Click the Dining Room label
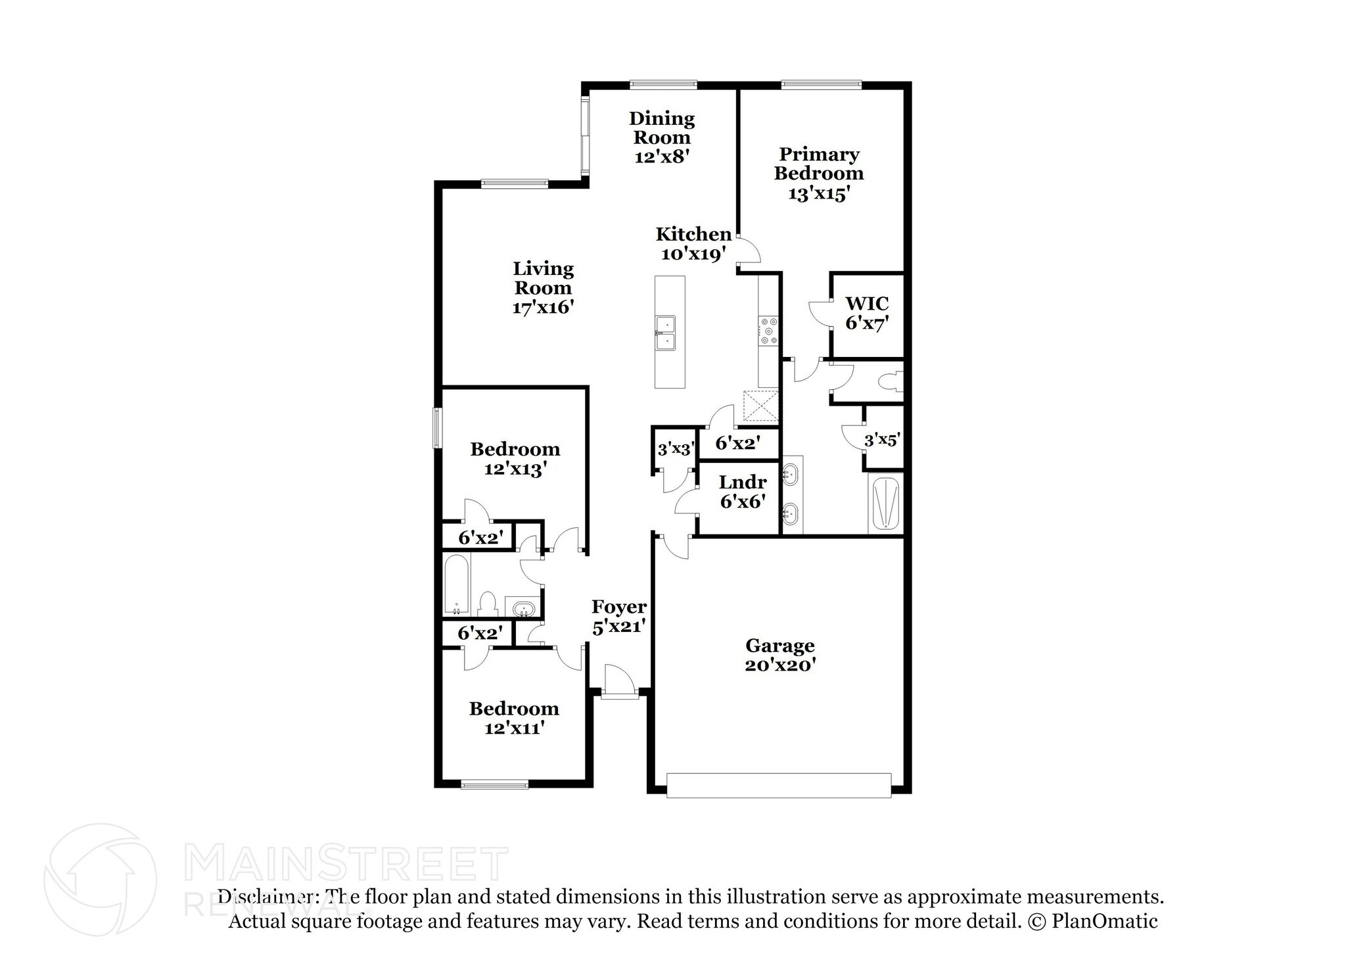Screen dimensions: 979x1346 click(x=661, y=128)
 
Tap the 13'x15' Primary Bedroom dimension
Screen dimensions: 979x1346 click(x=819, y=194)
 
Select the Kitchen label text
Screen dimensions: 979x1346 click(x=693, y=234)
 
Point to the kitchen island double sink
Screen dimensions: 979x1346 click(x=666, y=333)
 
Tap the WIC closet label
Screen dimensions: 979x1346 click(x=867, y=304)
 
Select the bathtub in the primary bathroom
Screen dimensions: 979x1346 click(x=885, y=504)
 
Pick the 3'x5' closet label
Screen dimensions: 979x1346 click(x=881, y=441)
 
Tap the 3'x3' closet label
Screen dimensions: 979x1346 click(x=676, y=450)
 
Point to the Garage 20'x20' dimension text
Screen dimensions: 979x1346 click(x=780, y=665)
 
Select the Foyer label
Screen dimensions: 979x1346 click(x=618, y=606)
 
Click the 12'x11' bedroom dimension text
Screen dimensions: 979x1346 click(x=514, y=728)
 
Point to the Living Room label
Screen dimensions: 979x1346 click(x=543, y=278)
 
